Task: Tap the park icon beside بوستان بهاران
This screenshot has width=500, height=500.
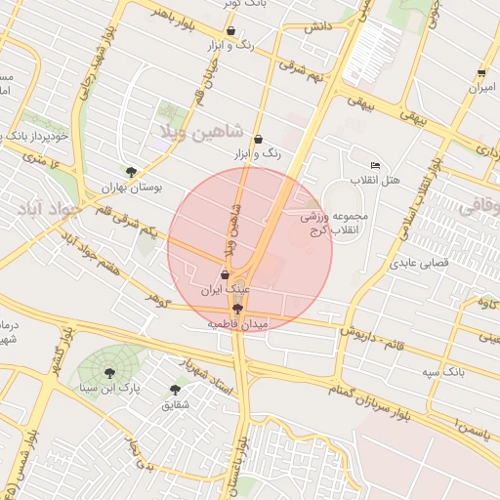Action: (x=132, y=169)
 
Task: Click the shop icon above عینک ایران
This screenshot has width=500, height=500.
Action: (x=226, y=274)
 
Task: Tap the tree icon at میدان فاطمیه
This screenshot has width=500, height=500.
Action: (x=237, y=308)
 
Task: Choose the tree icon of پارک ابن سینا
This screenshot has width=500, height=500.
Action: (x=107, y=371)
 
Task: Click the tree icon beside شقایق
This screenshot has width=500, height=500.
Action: (x=175, y=389)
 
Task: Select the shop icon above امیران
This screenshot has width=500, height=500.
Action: (x=481, y=73)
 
